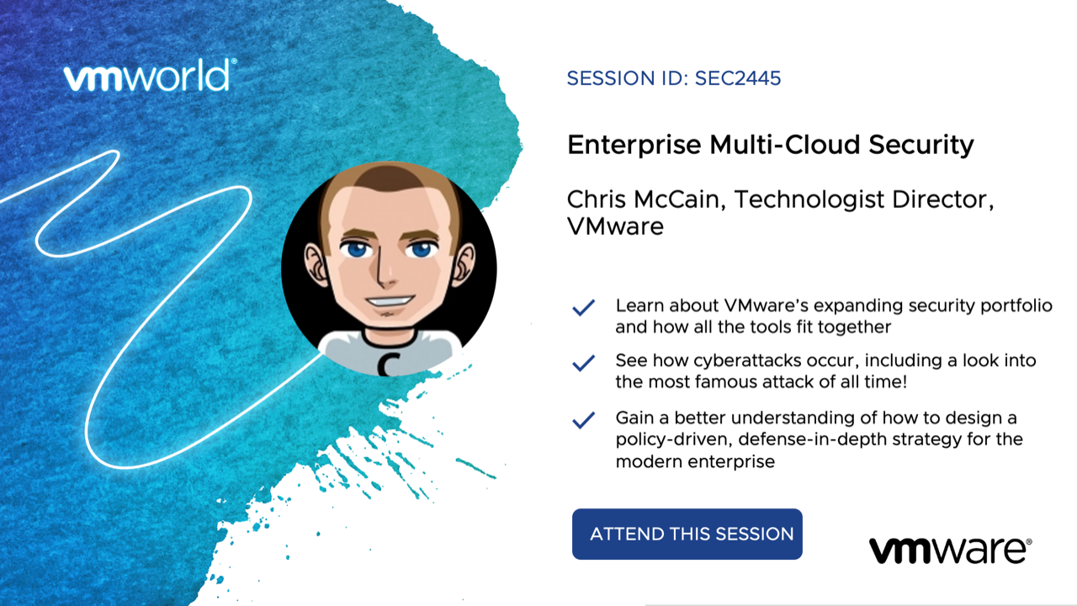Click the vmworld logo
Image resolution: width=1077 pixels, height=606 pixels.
coord(150,75)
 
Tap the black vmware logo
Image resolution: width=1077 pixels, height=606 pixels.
coord(951,550)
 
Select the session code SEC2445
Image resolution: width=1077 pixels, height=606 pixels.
coord(738,78)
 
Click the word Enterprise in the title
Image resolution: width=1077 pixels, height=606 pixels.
coord(634,146)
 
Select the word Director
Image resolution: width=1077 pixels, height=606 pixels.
coord(943,199)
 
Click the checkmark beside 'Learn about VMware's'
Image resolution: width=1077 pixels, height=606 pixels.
coord(584,308)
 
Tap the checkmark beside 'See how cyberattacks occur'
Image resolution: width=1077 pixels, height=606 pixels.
coord(584,363)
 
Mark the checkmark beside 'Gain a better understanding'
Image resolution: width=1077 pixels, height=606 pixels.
coord(584,420)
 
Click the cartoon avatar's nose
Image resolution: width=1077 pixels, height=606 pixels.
coord(384,269)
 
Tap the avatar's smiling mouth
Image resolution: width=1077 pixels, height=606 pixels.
coord(389,301)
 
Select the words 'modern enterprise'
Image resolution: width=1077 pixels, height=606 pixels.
coord(695,462)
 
